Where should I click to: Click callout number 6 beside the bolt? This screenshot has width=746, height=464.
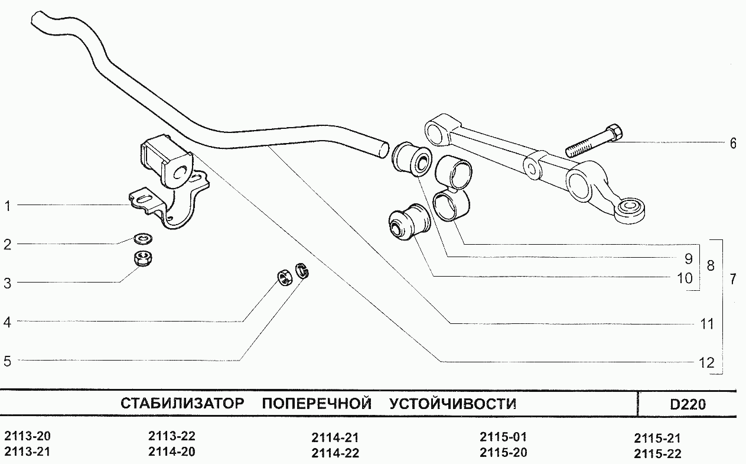pos(733,143)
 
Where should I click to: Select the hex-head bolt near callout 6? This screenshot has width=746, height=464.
pos(594,141)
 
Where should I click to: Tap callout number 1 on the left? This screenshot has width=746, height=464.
pos(8,206)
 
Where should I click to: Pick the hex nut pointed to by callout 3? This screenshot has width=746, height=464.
pos(142,258)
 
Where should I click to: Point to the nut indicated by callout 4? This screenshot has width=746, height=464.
pos(284,277)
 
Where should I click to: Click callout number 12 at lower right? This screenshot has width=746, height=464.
pos(706,362)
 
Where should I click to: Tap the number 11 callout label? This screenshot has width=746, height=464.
pos(706,324)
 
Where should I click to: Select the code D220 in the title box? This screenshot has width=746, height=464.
pos(688,405)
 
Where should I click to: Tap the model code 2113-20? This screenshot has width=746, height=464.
pos(27,437)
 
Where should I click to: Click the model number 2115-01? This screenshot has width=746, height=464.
pos(503,437)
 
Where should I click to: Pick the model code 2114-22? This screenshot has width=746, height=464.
pos(335,453)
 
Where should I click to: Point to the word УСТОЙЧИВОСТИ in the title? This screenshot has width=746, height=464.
pos(452,404)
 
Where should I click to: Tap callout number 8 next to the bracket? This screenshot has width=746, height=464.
pos(711,265)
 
